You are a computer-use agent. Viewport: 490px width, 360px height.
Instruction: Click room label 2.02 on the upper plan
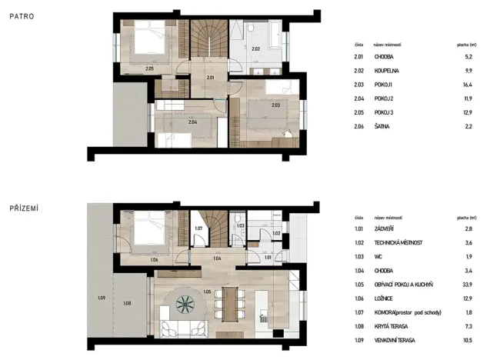pos(255,49)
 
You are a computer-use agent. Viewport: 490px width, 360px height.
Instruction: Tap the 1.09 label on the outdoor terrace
pos(100,298)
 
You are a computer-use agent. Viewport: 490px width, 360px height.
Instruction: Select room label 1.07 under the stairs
pos(198,228)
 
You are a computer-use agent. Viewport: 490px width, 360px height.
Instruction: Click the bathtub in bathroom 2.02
pos(274,33)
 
